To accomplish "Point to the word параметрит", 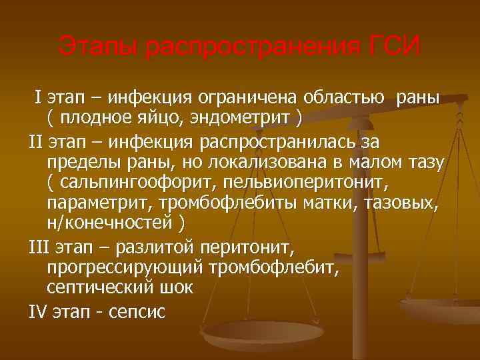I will click(97, 203).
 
